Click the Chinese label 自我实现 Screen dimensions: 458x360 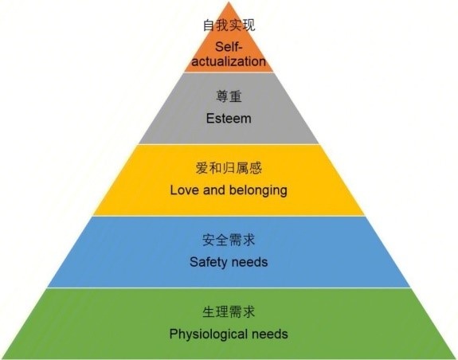(x=229, y=25)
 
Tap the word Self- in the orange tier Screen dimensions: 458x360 (x=229, y=47)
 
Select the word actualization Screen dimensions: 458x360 (x=229, y=61)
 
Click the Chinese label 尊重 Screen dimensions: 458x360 (x=229, y=96)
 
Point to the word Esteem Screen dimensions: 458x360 (x=229, y=119)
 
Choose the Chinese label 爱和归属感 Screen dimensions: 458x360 (x=229, y=168)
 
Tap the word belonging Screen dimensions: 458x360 (x=258, y=191)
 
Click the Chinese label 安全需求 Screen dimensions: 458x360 (x=229, y=240)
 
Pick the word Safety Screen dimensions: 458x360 (x=209, y=262)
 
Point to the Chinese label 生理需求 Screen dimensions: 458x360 (x=229, y=312)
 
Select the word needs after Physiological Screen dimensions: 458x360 (x=270, y=334)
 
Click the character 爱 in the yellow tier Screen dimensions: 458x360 (x=202, y=168)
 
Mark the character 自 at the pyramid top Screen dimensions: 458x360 (x=209, y=25)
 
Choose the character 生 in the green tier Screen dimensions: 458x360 (x=209, y=312)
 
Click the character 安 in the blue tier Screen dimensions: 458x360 (x=209, y=240)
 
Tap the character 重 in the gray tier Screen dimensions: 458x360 (x=236, y=96)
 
